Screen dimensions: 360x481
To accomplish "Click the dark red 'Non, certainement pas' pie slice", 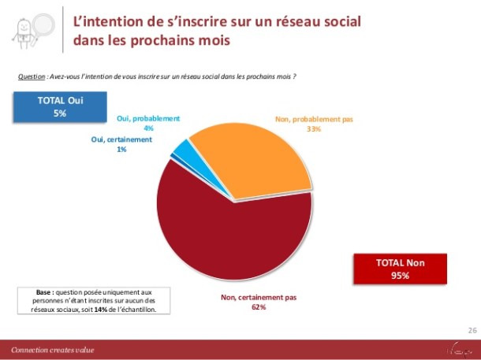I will point(229,228).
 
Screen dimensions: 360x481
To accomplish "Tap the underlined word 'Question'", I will point(31,76).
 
